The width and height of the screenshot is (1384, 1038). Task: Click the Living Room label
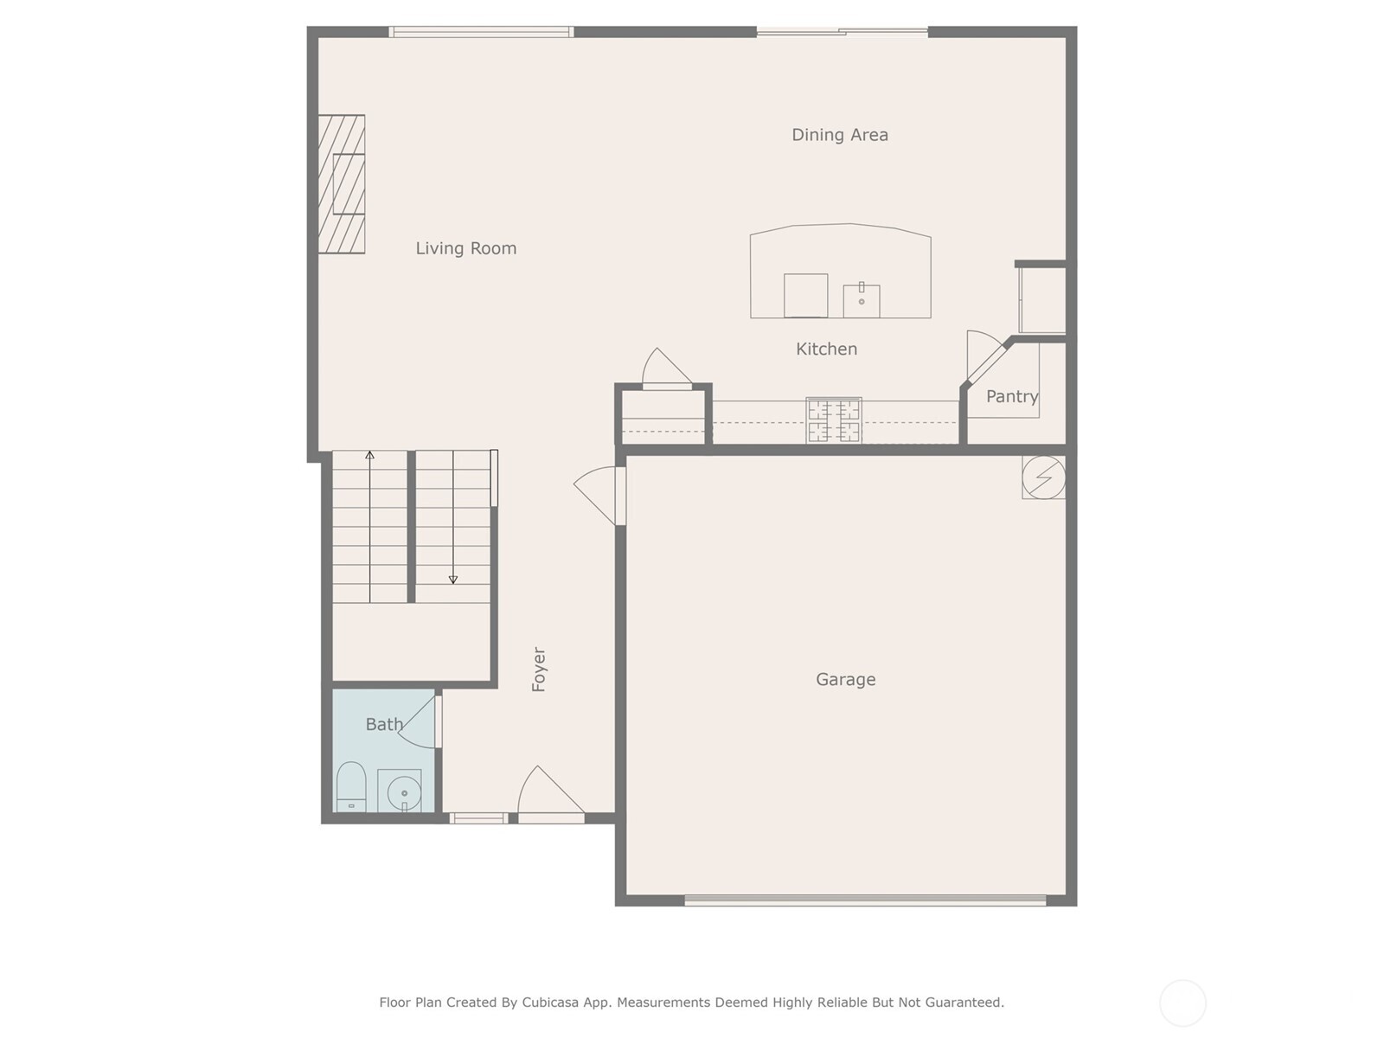point(465,248)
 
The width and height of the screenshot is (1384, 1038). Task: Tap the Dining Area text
point(839,135)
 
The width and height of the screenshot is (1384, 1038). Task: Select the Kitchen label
point(826,349)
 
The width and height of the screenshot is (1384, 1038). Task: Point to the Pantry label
point(1011,397)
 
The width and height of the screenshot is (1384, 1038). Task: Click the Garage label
point(845,680)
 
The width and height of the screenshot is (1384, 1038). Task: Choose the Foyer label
point(539,670)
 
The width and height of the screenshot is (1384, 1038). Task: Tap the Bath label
point(383,725)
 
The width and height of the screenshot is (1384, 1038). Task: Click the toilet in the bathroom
point(350,787)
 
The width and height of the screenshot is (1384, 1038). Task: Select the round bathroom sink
point(403,792)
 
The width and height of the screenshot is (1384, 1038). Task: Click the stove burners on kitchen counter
point(834,420)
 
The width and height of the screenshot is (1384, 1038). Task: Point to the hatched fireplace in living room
point(342,184)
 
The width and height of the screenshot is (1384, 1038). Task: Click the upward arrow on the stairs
point(370,456)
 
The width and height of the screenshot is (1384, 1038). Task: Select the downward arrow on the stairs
point(452,579)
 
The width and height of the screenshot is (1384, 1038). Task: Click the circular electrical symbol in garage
point(1043,477)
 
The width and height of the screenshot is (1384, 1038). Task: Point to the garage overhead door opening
point(865,900)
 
